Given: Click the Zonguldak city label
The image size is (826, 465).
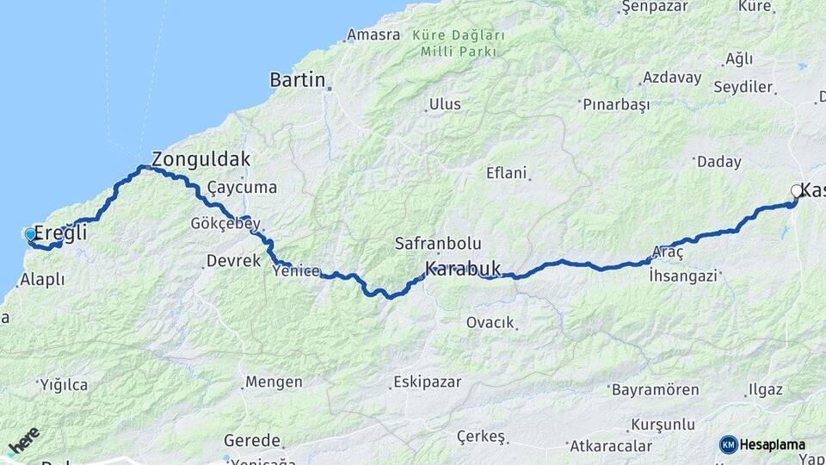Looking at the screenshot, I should [201, 158].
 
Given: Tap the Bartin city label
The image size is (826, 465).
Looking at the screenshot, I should [298, 80].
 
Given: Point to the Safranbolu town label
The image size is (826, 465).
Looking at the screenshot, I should [438, 244].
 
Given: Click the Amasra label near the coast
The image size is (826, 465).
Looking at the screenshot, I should [373, 35].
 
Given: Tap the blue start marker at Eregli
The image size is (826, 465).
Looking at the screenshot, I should [30, 234].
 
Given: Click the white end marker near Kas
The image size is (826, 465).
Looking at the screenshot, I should [797, 191].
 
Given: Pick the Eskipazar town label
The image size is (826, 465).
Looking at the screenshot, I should [428, 381].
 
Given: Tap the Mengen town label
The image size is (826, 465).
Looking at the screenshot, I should [274, 381].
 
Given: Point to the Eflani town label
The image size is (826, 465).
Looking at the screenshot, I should [506, 172].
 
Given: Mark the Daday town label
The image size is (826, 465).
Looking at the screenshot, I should [718, 161].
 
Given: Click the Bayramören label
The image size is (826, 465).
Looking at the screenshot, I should [656, 390].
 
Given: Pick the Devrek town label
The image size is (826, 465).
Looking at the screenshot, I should [233, 260].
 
